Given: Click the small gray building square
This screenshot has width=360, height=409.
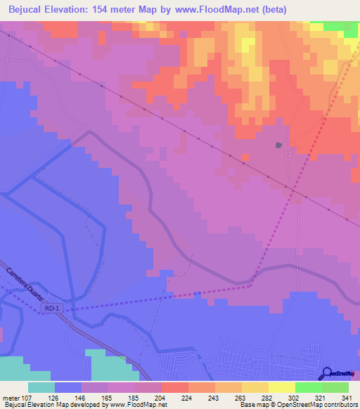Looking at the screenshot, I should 279,145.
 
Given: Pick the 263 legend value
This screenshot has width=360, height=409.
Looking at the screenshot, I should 225,397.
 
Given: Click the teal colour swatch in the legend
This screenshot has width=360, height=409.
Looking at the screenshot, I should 41,387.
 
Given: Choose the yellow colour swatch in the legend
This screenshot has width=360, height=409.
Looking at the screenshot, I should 282,387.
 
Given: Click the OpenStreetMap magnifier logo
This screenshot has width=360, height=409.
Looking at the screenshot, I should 327,374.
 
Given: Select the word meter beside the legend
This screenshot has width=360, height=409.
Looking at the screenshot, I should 10,397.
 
